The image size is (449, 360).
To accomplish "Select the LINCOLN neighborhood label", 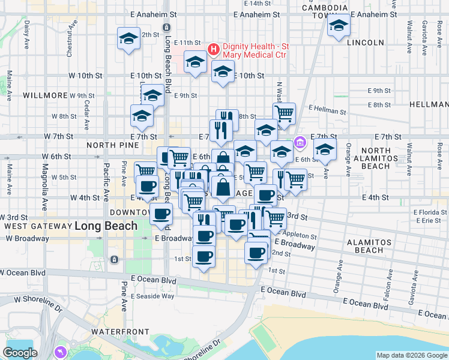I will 365,43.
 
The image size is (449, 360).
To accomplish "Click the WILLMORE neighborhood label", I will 45,95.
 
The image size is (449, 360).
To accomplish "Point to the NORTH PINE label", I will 109,145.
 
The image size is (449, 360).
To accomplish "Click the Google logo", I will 20,353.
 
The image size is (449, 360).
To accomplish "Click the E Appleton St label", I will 297,236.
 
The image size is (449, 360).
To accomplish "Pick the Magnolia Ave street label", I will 45,194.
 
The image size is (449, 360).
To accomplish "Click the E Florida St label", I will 426,212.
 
